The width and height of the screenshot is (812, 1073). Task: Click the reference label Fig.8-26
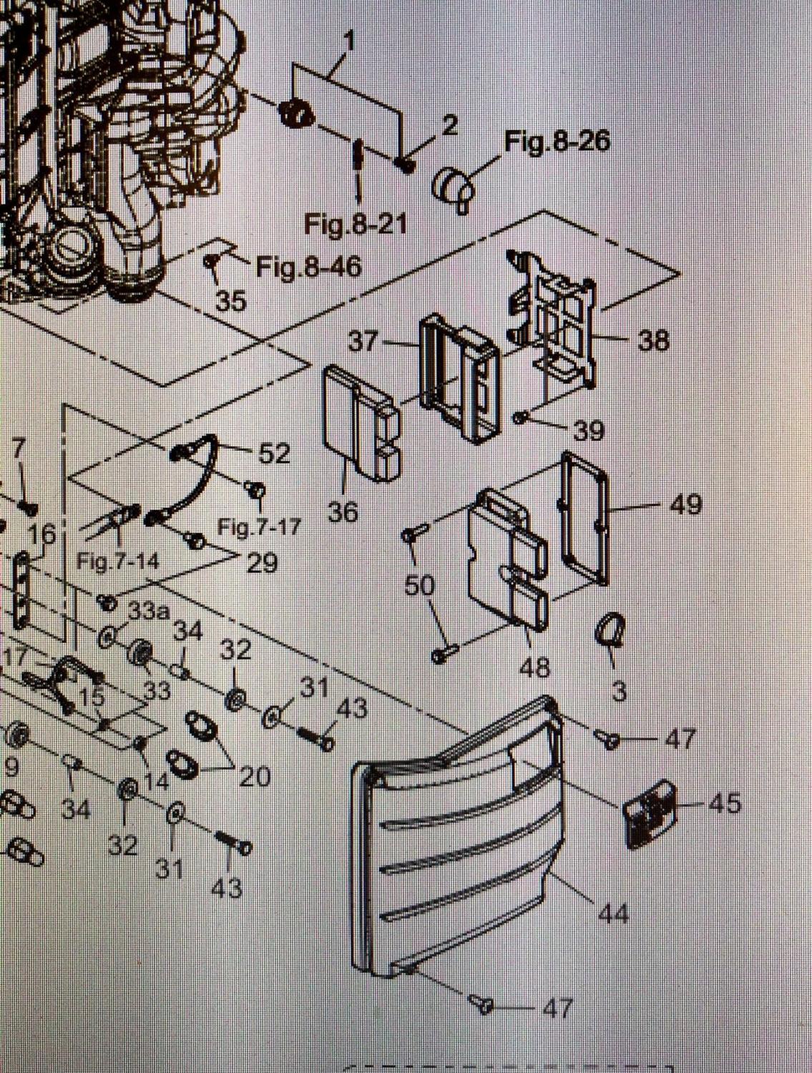tap(557, 142)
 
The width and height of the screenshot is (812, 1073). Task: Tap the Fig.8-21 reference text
tap(356, 225)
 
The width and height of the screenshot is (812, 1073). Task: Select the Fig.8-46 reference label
tap(309, 268)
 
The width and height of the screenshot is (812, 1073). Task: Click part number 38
tap(653, 340)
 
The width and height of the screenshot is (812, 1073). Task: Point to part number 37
tap(363, 342)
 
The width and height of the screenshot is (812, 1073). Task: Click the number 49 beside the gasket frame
tap(685, 505)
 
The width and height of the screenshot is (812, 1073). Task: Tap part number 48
tap(535, 667)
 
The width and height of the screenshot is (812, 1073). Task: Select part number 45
tap(724, 804)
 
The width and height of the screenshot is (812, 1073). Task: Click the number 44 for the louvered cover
tap(613, 913)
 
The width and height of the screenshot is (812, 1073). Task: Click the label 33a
tap(149, 612)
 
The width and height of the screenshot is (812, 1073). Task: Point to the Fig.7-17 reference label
tap(259, 528)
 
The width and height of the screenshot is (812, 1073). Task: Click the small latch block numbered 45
tap(650, 813)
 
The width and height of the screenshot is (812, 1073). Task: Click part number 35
tap(231, 301)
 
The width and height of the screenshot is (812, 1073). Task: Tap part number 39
tap(588, 430)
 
